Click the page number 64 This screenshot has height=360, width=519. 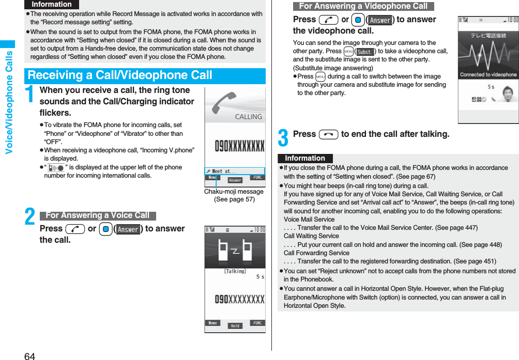point(29,355)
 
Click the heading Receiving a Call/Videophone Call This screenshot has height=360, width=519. point(120,75)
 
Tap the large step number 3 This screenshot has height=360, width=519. point(283,137)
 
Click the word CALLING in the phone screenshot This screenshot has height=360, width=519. point(249,117)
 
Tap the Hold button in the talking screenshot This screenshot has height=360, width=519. point(235,326)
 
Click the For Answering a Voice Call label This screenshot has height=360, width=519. point(97,215)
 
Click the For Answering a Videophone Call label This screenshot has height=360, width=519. point(363,6)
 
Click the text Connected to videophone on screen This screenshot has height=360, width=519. point(488,74)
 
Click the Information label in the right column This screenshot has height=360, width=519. point(305,159)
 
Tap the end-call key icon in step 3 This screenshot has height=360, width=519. point(328,134)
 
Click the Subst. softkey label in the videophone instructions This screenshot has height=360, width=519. point(365,52)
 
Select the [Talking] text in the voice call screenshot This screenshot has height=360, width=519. point(235,271)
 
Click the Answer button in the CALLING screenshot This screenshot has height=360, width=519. point(235,180)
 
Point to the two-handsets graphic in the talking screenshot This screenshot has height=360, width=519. point(235,251)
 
